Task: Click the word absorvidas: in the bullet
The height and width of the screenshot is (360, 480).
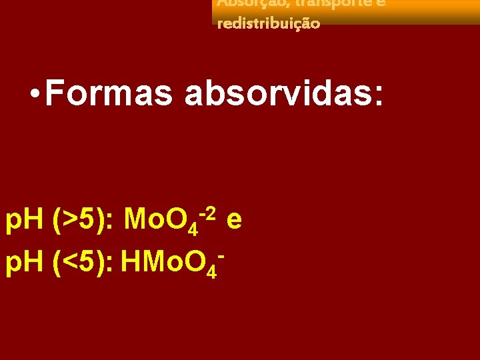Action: [x=285, y=94]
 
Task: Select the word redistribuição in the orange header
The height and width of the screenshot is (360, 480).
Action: [x=268, y=23]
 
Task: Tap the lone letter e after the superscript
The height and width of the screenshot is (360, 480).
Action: [x=233, y=219]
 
